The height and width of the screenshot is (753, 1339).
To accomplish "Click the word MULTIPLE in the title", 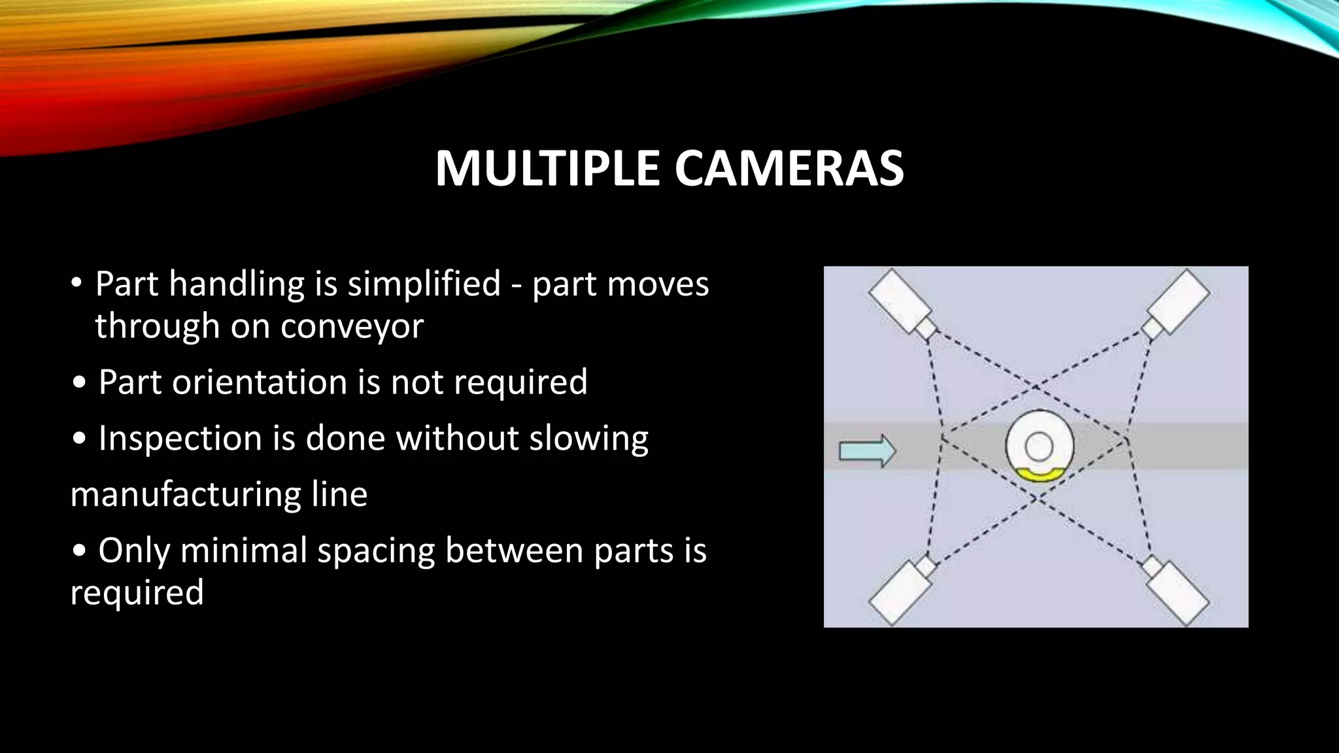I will coord(547,169).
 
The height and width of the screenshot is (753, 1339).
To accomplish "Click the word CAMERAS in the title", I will coord(789,169).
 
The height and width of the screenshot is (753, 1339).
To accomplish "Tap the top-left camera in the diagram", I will coord(899,301).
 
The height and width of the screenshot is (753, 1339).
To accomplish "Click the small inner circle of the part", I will coord(1039,447).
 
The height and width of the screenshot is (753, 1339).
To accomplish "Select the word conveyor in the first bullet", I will coord(352,326).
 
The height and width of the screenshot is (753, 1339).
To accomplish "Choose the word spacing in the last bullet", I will coord(376,551).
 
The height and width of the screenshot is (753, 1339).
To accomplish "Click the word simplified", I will coord(424,284).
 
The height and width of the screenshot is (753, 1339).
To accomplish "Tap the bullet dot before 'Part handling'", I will coord(76,284).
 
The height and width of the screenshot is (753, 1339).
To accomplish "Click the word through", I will coord(157,326).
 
